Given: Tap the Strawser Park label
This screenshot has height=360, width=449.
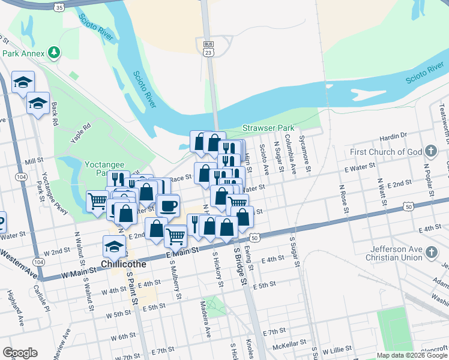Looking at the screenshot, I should [x=268, y=128].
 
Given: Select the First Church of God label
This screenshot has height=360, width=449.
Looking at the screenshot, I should [x=387, y=152].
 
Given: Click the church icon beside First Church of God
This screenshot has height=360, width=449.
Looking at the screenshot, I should [x=430, y=151].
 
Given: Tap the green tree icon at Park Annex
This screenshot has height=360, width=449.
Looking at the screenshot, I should [x=55, y=53].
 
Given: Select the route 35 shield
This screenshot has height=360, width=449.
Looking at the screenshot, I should [x=58, y=8].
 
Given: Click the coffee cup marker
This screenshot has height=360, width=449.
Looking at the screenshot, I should [x=168, y=206].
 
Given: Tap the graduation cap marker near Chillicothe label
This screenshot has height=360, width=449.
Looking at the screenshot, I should [x=114, y=245].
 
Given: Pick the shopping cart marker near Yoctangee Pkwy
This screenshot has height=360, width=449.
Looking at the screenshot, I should [x=97, y=200].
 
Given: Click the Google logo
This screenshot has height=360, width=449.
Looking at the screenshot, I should [x=20, y=353].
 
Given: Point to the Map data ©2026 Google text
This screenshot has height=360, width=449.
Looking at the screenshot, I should [x=412, y=355].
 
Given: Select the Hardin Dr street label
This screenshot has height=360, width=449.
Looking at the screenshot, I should [x=393, y=136].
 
